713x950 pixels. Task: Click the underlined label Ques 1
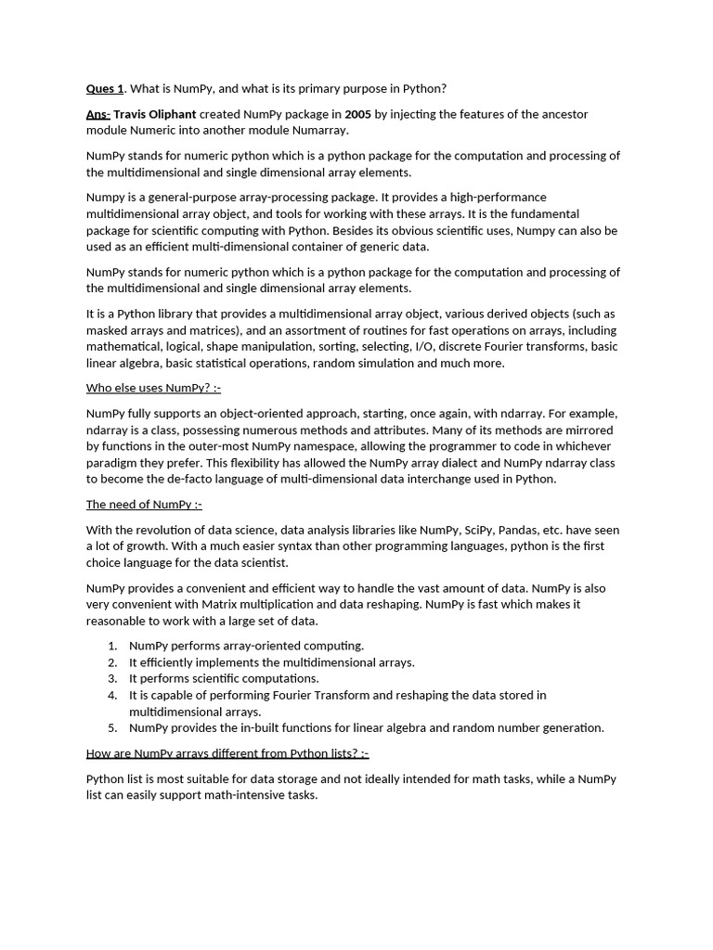point(104,89)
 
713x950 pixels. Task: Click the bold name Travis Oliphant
point(154,114)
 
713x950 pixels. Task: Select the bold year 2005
point(358,114)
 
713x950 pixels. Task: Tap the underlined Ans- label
point(97,114)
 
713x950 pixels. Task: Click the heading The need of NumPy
point(143,505)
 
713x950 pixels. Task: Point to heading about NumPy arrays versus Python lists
point(227,753)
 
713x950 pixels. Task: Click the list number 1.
point(111,646)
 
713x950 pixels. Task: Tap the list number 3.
point(111,678)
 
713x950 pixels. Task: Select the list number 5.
point(111,728)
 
